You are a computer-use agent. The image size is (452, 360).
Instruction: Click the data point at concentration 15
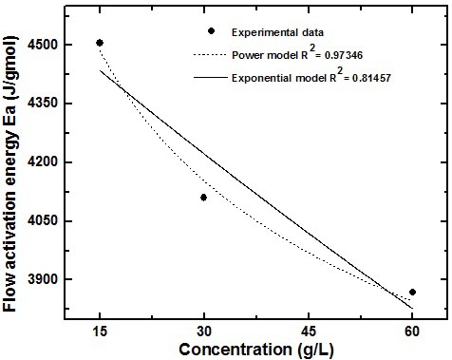pos(100,43)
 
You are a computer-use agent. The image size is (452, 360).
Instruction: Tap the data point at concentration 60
pos(412,292)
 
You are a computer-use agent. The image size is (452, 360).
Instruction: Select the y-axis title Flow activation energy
pos(15,180)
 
